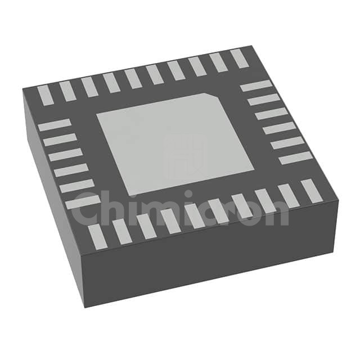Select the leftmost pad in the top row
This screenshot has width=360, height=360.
(46, 96)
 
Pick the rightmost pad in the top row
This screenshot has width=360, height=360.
(239, 58)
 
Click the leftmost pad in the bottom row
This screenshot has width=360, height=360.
(97, 237)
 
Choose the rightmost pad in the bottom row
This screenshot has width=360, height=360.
(311, 191)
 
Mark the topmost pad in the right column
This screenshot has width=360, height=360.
(256, 85)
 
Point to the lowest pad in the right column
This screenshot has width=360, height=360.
(295, 157)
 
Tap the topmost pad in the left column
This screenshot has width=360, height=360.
(55, 125)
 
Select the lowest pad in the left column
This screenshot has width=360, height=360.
(83, 202)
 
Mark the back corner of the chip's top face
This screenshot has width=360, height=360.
(250, 46)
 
